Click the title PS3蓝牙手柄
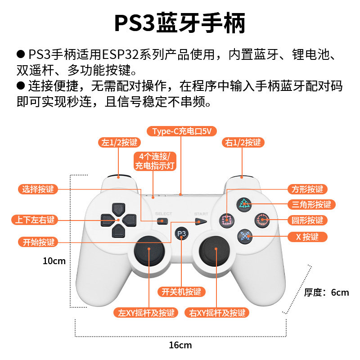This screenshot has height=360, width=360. (x=180, y=23)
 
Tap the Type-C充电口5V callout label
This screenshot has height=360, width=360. (x=181, y=131)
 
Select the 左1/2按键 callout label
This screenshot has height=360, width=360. (x=119, y=143)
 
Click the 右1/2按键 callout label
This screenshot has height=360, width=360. (x=243, y=143)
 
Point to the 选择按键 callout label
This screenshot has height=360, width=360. (x=38, y=189)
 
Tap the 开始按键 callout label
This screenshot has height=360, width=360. (x=38, y=242)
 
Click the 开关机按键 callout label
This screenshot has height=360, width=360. (x=181, y=292)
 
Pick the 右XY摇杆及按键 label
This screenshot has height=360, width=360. (x=217, y=313)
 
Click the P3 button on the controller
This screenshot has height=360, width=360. (x=181, y=233)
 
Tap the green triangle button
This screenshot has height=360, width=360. (x=244, y=204)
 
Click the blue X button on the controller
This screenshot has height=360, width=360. (x=244, y=235)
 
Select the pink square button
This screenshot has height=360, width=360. (x=227, y=220)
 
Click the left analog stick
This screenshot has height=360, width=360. (x=148, y=256)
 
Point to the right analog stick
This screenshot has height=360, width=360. (x=215, y=256)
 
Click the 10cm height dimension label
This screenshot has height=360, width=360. (x=54, y=261)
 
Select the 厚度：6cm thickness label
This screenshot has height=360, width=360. (x=326, y=292)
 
